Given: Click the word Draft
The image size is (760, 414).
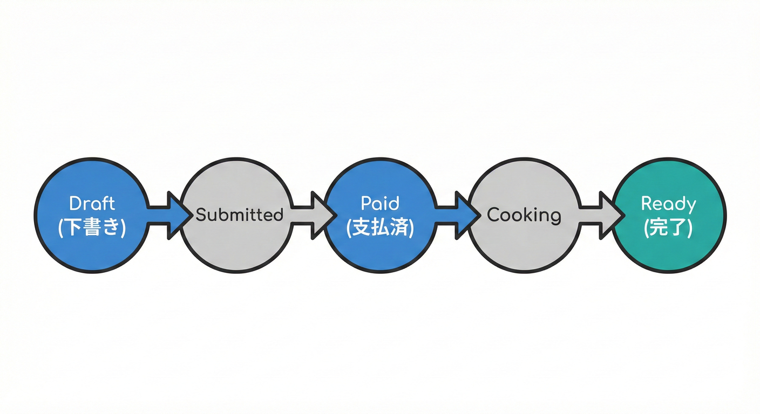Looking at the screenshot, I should (x=92, y=204).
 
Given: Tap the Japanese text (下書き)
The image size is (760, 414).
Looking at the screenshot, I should (x=92, y=227).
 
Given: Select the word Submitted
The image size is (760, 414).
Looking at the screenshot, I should (x=239, y=215).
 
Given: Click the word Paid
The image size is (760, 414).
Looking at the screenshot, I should (x=380, y=204).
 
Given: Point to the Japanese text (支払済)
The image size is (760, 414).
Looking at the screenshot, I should (x=380, y=227).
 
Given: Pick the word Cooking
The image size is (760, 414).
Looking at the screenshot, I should (x=524, y=215).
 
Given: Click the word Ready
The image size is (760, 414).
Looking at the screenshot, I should (x=668, y=204).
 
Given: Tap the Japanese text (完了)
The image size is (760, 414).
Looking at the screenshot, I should (x=668, y=227).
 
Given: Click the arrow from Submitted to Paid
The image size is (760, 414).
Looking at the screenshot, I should (x=312, y=215).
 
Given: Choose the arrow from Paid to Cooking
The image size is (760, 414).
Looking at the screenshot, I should (x=456, y=215).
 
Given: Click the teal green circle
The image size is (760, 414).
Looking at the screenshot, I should (x=669, y=248).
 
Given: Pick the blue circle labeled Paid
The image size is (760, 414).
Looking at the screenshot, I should (x=380, y=251).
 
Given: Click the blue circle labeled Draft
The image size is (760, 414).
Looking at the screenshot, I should (x=92, y=251).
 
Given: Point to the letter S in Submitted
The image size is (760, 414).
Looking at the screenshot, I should (x=200, y=215).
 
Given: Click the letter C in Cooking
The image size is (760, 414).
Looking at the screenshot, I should (x=493, y=215).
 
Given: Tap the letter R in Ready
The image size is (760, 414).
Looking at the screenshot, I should (x=646, y=204).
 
